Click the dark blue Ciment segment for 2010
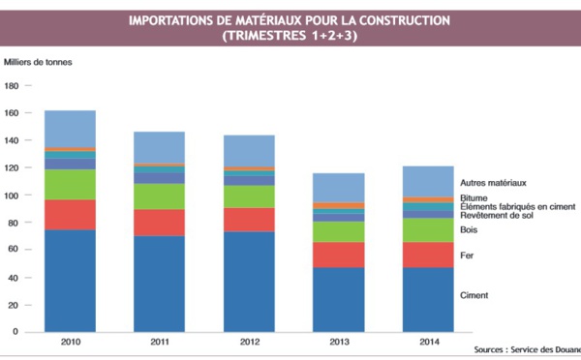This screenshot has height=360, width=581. click(70, 281)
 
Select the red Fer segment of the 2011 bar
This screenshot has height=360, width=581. click(159, 223)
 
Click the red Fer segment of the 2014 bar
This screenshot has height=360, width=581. click(428, 255)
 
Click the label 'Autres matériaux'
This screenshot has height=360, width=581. click(493, 182)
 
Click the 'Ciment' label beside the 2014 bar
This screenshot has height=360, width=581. click(474, 295)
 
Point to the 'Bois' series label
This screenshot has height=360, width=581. click(470, 230)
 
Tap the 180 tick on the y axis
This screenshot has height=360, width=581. click(13, 86)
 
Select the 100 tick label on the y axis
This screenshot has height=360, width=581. click(13, 195)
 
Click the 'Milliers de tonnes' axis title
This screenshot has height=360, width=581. click(38, 62)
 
